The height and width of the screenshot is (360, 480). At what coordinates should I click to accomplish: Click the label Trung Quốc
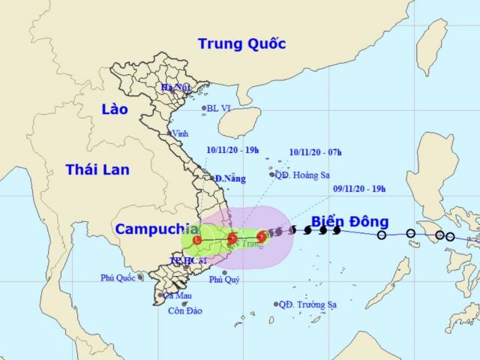[x=241, y=44]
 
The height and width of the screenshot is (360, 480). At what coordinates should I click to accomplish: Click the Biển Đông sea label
[x=349, y=221]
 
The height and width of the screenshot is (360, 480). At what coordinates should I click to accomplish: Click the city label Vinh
[x=180, y=133]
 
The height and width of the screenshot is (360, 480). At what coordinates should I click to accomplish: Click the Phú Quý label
[x=224, y=280]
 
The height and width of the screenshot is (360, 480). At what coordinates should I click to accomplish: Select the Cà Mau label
[x=177, y=295]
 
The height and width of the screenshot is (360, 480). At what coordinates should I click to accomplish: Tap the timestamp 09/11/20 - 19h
[x=360, y=188]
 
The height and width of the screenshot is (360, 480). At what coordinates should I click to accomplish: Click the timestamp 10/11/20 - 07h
[x=315, y=152]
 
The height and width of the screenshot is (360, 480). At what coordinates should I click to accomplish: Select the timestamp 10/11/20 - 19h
[x=232, y=150]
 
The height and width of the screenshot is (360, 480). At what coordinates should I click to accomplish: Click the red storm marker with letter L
[x=196, y=241]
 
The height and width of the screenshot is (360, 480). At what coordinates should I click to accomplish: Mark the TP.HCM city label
[x=184, y=262]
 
